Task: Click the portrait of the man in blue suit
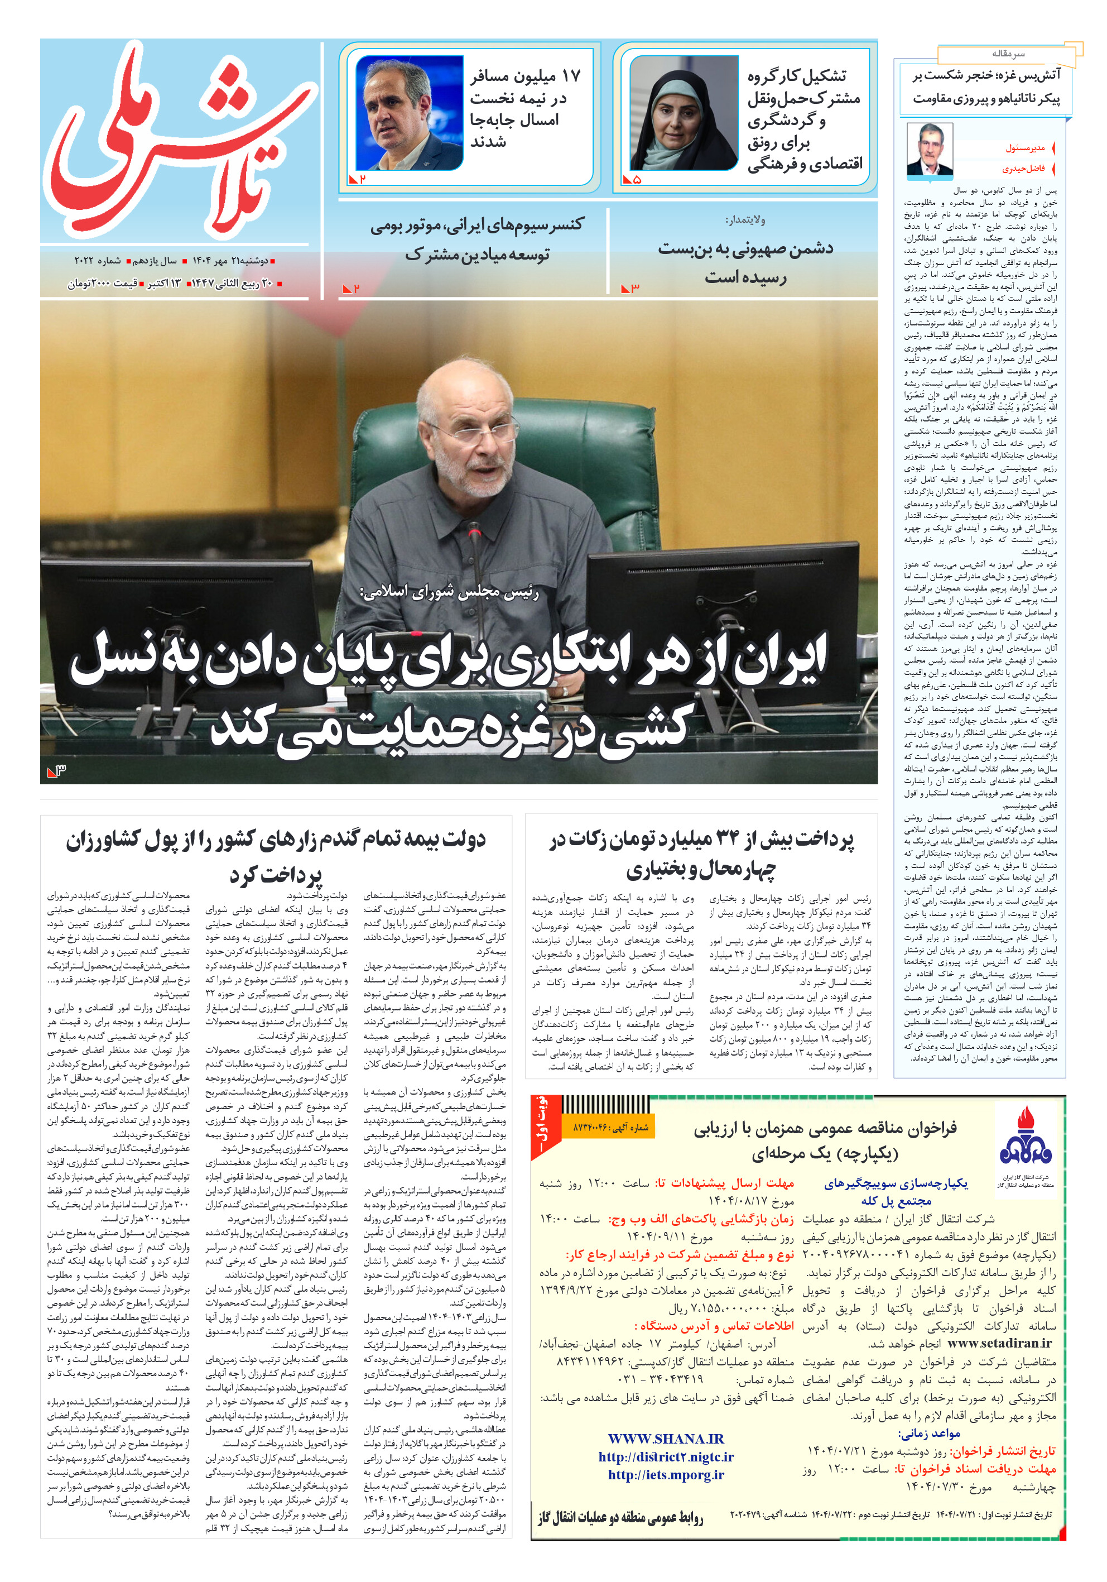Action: (x=409, y=114)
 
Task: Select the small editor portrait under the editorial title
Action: (x=928, y=150)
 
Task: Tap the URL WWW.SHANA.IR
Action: (x=666, y=1439)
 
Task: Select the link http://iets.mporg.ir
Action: (x=666, y=1474)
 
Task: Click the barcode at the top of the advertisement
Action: (x=605, y=1105)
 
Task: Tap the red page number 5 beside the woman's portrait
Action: (x=637, y=179)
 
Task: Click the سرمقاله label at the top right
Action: (x=1008, y=54)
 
